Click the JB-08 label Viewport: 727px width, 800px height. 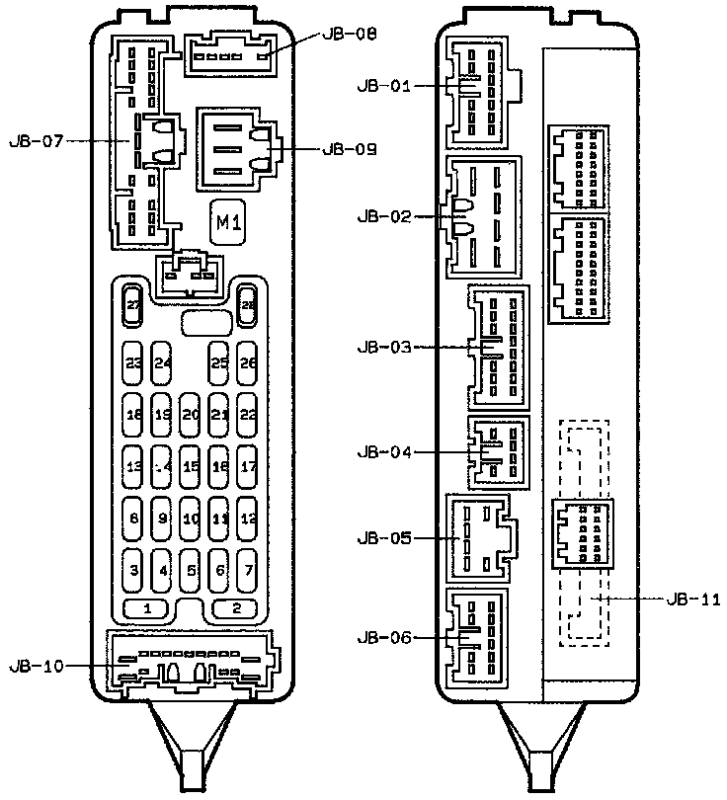pyautogui.click(x=349, y=35)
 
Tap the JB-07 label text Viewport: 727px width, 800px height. pyautogui.click(x=36, y=141)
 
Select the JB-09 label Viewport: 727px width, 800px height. pyautogui.click(x=349, y=150)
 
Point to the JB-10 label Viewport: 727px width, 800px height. pyautogui.click(x=36, y=666)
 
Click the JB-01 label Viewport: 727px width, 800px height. pyautogui.click(x=383, y=86)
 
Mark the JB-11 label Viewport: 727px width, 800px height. pyautogui.click(x=693, y=599)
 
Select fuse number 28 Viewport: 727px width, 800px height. pyautogui.click(x=247, y=306)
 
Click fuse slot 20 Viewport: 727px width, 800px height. pyautogui.click(x=191, y=415)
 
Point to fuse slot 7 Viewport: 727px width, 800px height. pyautogui.click(x=248, y=570)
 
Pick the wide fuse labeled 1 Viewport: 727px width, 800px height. pyautogui.click(x=146, y=608)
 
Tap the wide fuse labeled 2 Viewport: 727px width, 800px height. pyautogui.click(x=235, y=608)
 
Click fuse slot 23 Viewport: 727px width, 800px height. pyautogui.click(x=133, y=362)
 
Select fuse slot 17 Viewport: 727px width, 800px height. pyautogui.click(x=248, y=466)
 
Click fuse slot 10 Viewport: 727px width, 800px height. pyautogui.click(x=191, y=518)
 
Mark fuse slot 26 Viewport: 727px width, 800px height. pyautogui.click(x=248, y=362)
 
